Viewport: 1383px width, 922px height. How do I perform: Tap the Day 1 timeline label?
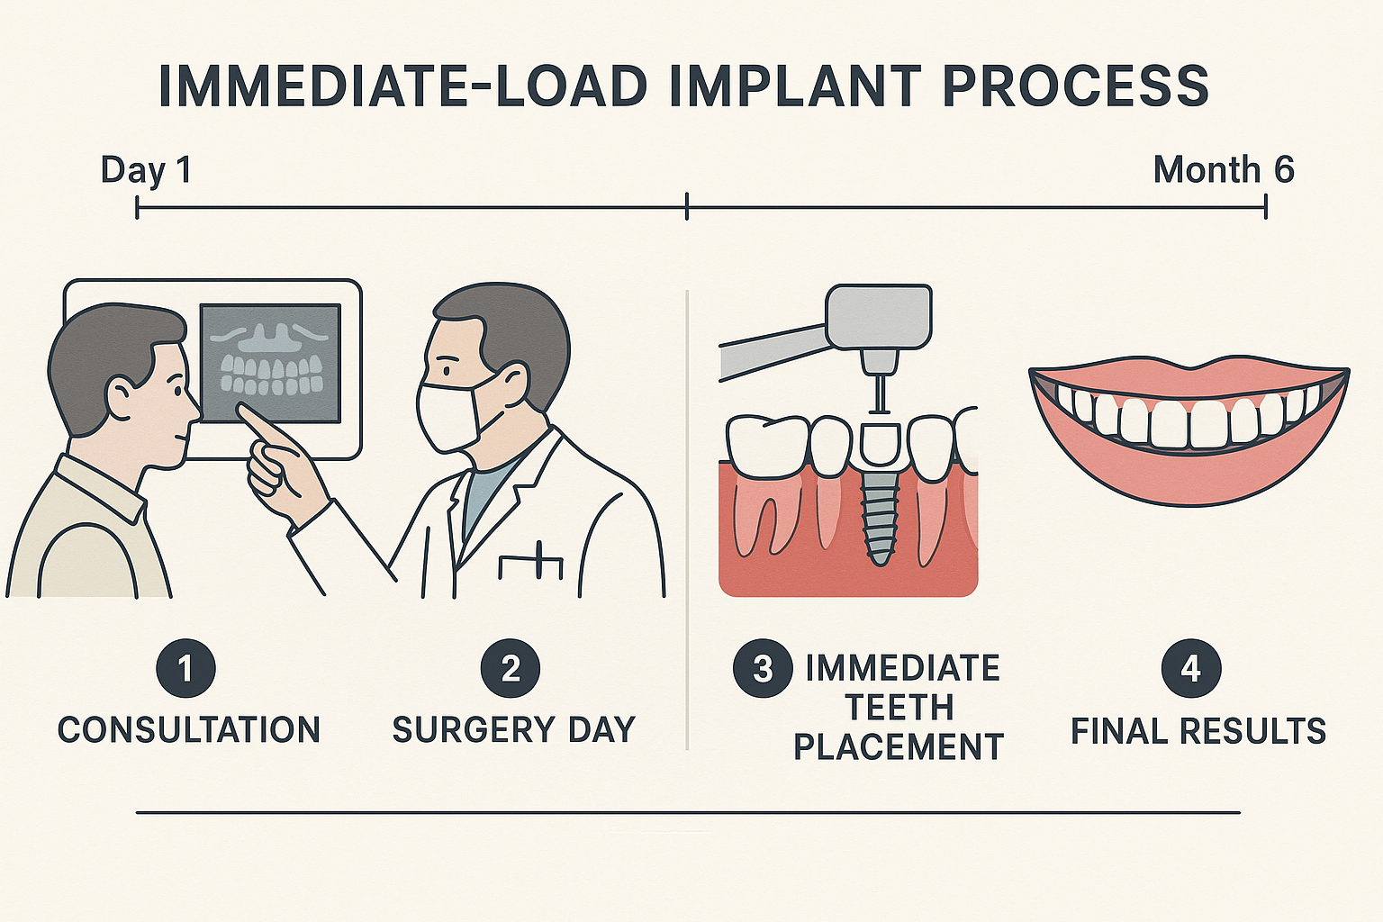coord(146,169)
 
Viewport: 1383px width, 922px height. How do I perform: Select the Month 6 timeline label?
coord(1223,169)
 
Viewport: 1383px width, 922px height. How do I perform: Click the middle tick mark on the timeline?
coord(687,207)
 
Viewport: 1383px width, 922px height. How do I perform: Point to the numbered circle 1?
coord(185,669)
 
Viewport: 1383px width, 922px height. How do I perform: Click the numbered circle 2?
coord(511,669)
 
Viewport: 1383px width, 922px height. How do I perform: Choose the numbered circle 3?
coord(763,669)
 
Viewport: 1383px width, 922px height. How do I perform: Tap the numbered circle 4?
coord(1190,669)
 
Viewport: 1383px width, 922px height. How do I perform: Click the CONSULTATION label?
coord(189,730)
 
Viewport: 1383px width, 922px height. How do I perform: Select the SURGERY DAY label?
coord(514,729)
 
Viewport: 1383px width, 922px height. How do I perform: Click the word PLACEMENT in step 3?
coord(898,747)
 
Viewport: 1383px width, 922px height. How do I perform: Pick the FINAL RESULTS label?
coord(1198,731)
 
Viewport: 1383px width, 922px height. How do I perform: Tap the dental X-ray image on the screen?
coord(270,363)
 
